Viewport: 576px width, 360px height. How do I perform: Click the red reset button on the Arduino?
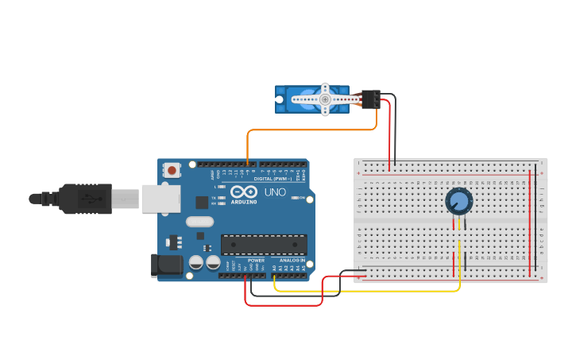pyautogui.click(x=172, y=169)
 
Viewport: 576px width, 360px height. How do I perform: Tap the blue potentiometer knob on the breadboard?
pyautogui.click(x=458, y=201)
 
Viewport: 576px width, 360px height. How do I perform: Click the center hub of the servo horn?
pyautogui.click(x=325, y=99)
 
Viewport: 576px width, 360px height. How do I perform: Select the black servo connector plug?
pyautogui.click(x=369, y=99)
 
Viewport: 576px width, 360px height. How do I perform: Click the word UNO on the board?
pyautogui.click(x=275, y=192)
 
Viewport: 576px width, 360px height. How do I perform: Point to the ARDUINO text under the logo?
pyautogui.click(x=244, y=202)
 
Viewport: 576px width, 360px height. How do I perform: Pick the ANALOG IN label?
pyautogui.click(x=292, y=261)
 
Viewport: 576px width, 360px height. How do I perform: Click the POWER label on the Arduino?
pyautogui.click(x=256, y=261)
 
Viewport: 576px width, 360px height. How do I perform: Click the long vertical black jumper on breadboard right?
pyautogui.click(x=535, y=223)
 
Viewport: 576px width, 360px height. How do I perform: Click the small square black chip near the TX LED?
pyautogui.click(x=202, y=203)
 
